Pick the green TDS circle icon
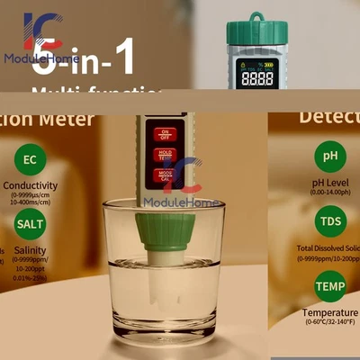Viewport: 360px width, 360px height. click(x=329, y=220)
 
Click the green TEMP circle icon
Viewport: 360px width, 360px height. click(x=329, y=286)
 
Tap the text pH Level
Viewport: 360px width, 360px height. click(x=329, y=180)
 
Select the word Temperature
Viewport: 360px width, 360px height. click(x=330, y=311)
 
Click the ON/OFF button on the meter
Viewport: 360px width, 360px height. click(x=165, y=134)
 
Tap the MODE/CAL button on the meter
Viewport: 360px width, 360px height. click(x=165, y=174)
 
